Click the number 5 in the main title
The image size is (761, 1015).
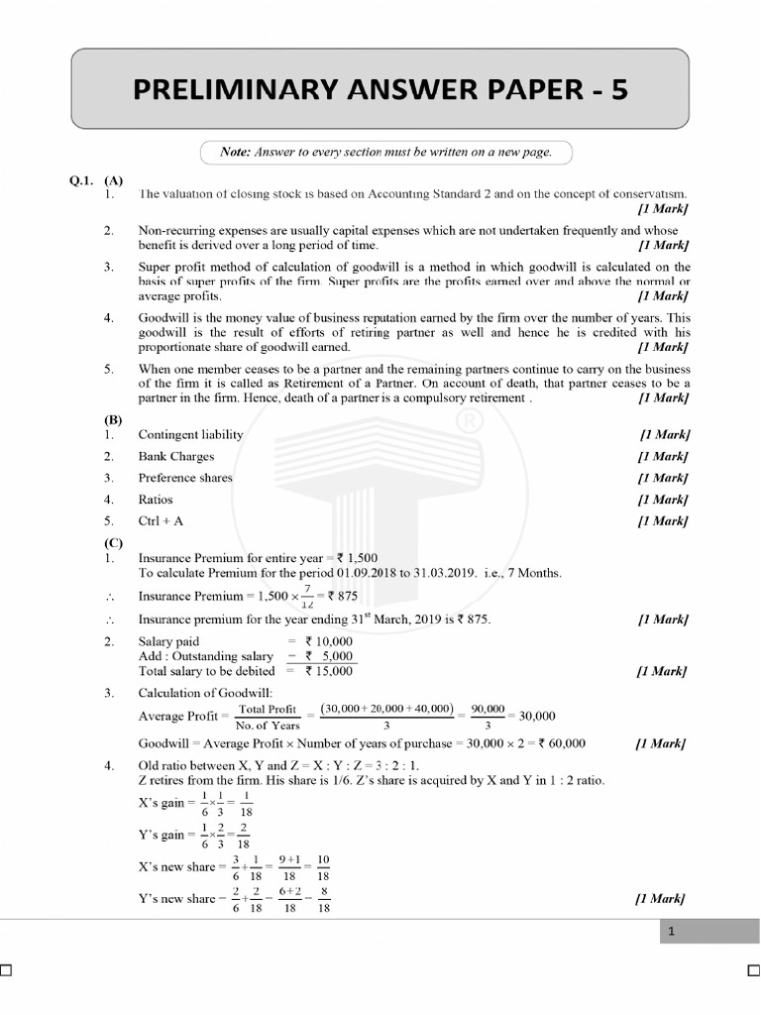tap(618, 90)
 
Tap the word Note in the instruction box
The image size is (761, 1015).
tap(236, 152)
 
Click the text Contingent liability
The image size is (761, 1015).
tap(190, 434)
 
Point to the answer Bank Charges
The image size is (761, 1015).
tap(175, 456)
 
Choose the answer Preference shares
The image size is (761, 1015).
tap(185, 478)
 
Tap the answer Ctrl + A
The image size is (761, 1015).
tap(161, 520)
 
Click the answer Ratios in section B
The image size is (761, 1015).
tap(156, 500)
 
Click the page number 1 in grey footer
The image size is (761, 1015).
tap(671, 931)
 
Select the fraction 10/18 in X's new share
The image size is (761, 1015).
tap(323, 866)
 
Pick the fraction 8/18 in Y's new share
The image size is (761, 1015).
tap(323, 899)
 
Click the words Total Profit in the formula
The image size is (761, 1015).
tap(268, 709)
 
